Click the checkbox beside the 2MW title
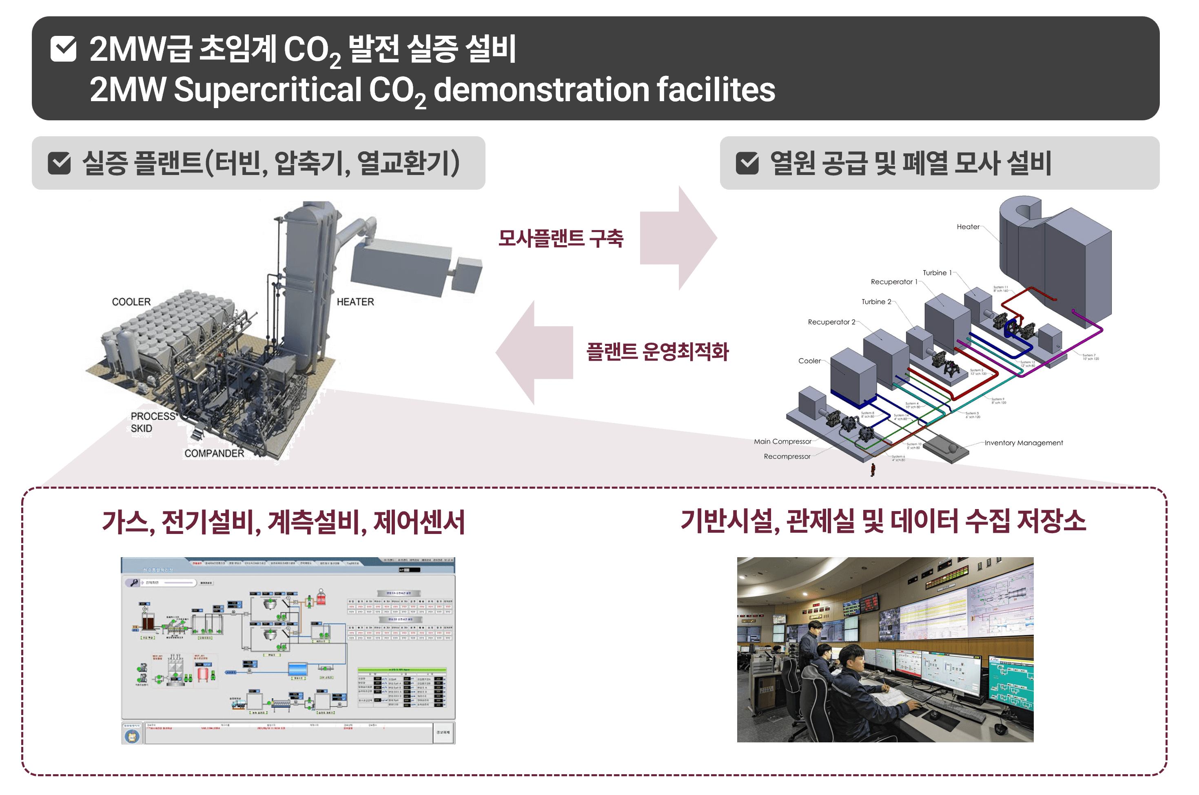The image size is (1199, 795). pos(63,49)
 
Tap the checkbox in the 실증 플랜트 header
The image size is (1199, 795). pos(59,163)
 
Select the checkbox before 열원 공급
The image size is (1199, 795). pos(747,163)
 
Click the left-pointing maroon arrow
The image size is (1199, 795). pos(534,353)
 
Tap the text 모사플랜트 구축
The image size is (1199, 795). pos(560,238)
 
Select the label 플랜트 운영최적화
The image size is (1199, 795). pos(657,351)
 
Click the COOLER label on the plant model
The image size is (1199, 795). pos(131,302)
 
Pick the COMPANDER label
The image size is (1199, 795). pos(214,453)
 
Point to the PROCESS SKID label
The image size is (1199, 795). pos(151,422)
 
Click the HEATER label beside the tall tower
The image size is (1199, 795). pos(355,302)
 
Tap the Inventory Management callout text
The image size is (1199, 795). pos(1023,444)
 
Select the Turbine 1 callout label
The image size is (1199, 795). pos(937,273)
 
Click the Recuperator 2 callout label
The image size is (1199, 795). pos(831,322)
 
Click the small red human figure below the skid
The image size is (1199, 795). pos(873,469)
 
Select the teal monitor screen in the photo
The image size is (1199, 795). pos(1011,680)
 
